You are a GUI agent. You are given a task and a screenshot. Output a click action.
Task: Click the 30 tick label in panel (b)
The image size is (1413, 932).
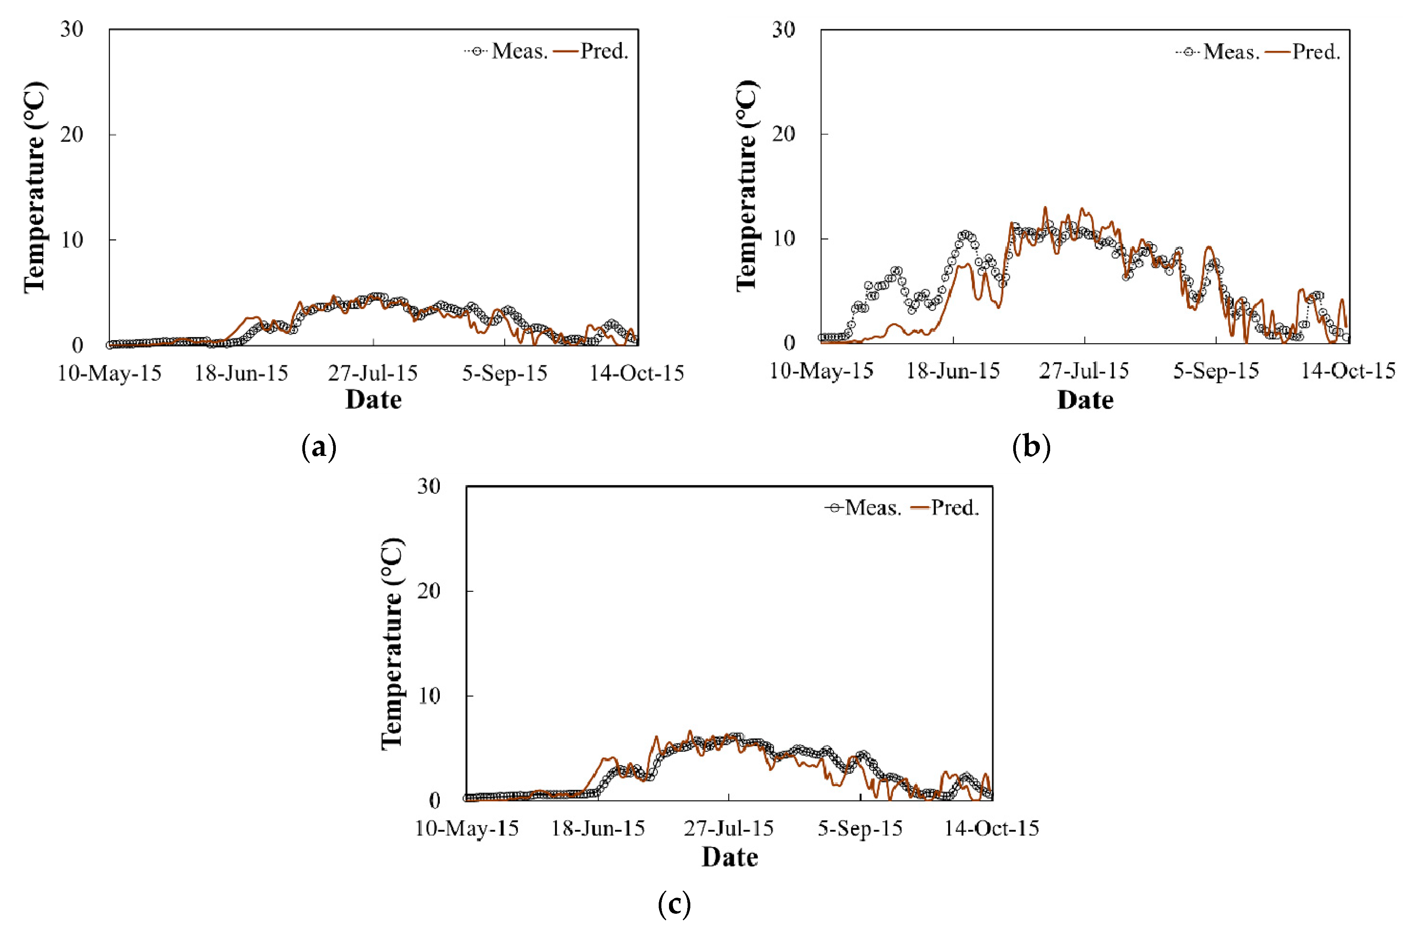783,30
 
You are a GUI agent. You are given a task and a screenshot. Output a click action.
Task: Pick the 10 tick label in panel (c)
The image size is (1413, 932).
428,695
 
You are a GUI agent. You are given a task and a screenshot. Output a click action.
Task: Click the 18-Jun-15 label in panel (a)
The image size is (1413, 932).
241,373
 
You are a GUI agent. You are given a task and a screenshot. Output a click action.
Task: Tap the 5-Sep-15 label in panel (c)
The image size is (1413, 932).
860,828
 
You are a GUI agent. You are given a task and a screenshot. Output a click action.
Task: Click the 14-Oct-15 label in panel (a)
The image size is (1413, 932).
636,373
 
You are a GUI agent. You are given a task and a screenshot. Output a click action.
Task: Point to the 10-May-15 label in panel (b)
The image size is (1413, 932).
821,371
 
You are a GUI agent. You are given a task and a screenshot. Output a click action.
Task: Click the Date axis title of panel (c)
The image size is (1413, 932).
730,857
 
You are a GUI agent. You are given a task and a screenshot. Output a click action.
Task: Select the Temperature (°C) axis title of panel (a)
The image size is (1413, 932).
35,188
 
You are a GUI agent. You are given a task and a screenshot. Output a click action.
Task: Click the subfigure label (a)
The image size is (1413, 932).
319,447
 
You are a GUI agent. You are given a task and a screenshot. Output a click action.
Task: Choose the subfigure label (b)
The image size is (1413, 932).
1031,447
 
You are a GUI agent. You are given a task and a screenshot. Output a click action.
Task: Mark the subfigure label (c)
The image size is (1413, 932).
674,905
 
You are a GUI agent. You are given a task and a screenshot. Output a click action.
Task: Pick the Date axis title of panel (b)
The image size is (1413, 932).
1085,400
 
